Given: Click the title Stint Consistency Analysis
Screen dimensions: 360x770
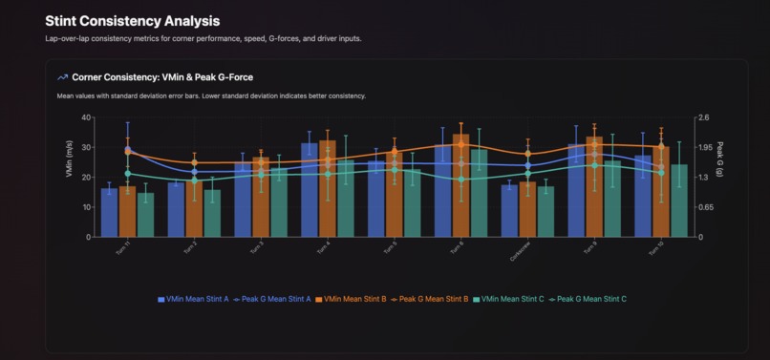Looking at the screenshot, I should [132, 20].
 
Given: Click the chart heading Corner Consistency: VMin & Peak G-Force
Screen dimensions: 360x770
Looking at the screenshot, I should [161, 77].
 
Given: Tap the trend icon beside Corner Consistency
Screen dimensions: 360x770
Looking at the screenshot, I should [63, 77].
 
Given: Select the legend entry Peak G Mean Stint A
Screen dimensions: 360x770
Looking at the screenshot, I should [273, 299].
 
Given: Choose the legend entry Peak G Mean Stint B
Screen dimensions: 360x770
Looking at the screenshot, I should [430, 299].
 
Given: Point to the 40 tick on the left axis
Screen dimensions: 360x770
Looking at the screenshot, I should [86, 118].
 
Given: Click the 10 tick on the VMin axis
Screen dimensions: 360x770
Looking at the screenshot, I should [86, 207].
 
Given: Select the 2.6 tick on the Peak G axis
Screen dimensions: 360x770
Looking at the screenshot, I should [704, 118].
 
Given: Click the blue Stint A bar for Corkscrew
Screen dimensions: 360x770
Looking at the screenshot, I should [509, 210].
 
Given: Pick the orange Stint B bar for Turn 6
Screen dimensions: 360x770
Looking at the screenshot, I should [460, 186].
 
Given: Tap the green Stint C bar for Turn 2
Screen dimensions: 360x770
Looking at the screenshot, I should [212, 213].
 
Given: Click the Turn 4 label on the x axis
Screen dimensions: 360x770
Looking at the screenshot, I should [324, 246].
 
